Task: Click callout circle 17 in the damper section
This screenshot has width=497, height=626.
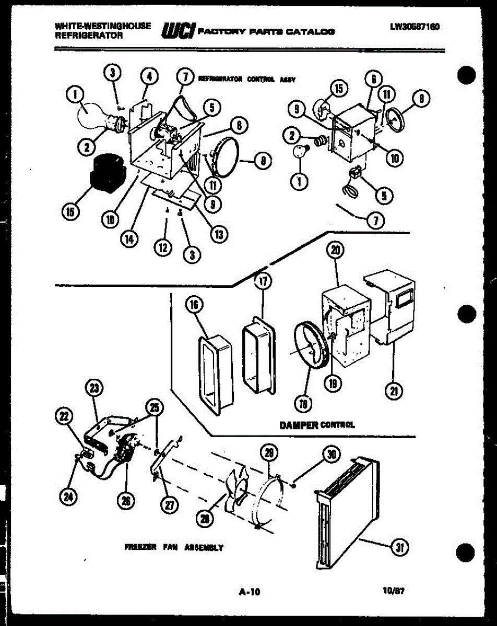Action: click(263, 282)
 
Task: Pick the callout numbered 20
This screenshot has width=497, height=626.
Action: click(335, 251)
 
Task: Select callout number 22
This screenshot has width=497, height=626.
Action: click(64, 416)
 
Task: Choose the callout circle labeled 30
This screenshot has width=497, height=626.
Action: click(330, 454)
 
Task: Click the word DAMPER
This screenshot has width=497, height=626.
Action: click(299, 425)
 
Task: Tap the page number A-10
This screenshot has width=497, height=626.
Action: click(249, 592)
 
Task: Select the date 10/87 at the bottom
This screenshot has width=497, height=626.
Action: click(394, 592)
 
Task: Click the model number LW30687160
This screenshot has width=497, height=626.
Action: click(414, 27)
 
